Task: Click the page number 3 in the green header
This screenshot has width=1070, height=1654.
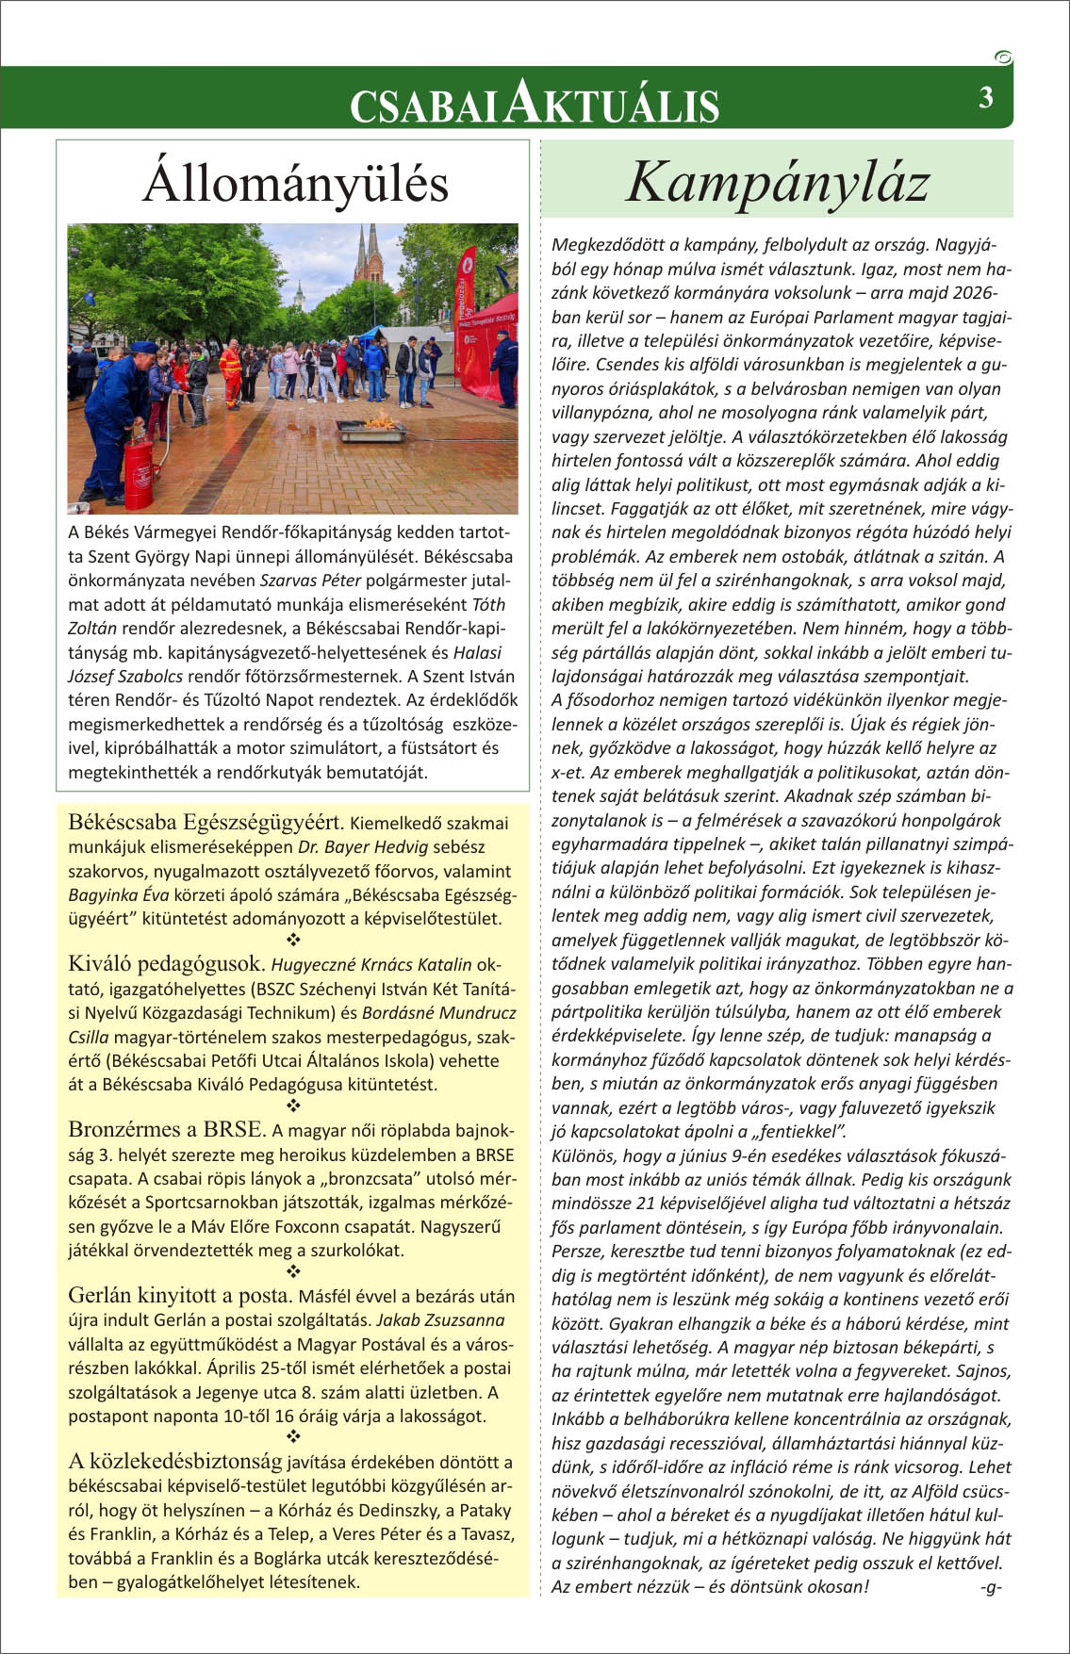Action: pyautogui.click(x=985, y=97)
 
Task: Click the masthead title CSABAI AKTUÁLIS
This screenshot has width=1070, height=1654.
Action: pyautogui.click(x=535, y=103)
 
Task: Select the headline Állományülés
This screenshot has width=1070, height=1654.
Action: pyautogui.click(x=295, y=183)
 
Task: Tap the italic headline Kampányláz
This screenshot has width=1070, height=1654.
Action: pyautogui.click(x=778, y=181)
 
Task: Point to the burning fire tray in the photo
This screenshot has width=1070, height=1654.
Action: pyautogui.click(x=372, y=430)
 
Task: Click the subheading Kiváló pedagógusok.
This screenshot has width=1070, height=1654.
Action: pyautogui.click(x=167, y=964)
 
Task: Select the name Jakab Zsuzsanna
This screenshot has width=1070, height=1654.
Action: pyautogui.click(x=440, y=1320)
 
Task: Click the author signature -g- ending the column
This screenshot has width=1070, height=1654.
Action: pyautogui.click(x=990, y=1587)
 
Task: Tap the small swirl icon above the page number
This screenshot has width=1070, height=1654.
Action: pyautogui.click(x=1004, y=57)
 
